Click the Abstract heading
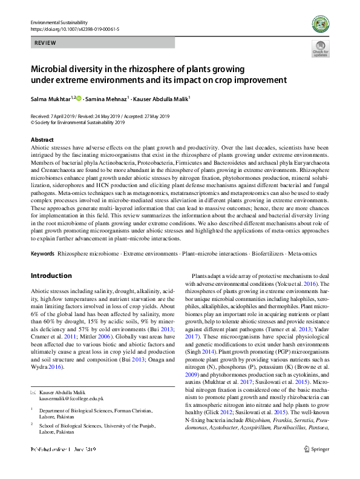click(x=42, y=140)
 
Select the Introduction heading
click(x=51, y=276)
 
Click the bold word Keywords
click(x=42, y=252)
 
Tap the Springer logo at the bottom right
click(x=316, y=466)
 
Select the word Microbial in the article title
click(x=53, y=69)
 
